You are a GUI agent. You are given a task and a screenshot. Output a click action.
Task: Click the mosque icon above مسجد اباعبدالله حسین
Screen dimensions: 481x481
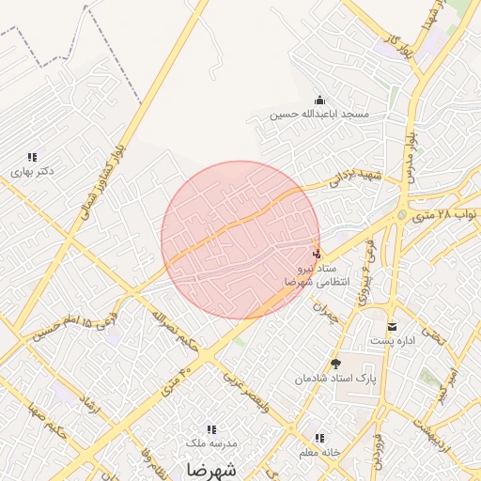pyautogui.click(x=319, y=101)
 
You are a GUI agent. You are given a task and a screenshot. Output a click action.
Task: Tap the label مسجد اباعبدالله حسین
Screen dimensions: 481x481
pyautogui.click(x=319, y=115)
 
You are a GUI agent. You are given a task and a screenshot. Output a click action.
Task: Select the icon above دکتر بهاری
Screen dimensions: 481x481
pyautogui.click(x=32, y=158)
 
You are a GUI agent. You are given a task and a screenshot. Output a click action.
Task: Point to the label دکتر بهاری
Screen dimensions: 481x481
pyautogui.click(x=32, y=172)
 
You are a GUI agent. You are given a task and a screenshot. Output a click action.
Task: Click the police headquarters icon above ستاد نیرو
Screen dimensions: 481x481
pyautogui.click(x=317, y=252)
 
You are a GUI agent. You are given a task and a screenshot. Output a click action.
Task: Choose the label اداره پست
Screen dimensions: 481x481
pyautogui.click(x=393, y=340)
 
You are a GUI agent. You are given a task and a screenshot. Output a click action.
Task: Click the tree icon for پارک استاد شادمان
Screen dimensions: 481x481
pyautogui.click(x=335, y=364)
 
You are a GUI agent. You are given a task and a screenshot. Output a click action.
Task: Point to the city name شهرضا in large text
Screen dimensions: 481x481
pyautogui.click(x=211, y=468)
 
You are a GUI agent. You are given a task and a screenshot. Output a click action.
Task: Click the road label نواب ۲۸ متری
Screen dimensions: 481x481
pyautogui.click(x=445, y=215)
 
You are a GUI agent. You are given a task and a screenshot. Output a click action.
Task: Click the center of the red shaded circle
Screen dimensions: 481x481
pyautogui.click(x=240, y=240)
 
